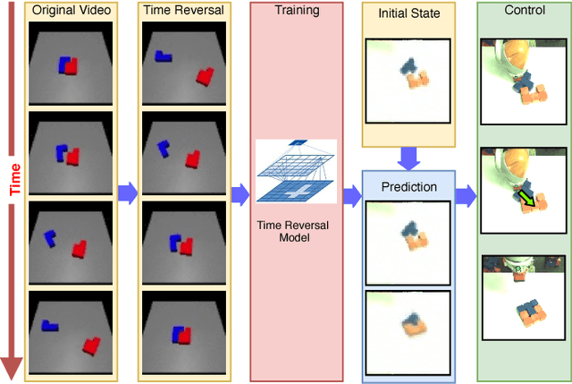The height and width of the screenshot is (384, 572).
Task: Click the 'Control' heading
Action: point(524,11)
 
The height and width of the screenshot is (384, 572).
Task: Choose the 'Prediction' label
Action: point(408,187)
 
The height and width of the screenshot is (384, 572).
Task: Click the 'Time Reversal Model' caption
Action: point(295,231)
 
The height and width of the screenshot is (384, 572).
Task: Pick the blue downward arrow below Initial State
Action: point(408,158)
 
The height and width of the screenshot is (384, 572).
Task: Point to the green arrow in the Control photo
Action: point(530,198)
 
